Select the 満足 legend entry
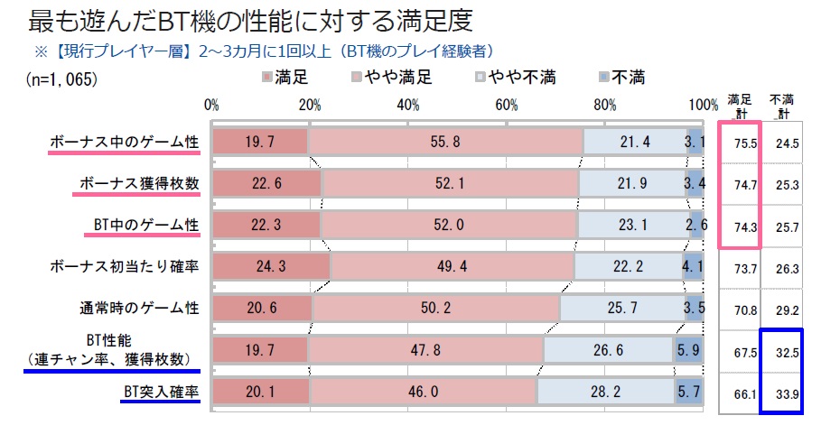point(288,78)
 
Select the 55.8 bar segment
point(444,142)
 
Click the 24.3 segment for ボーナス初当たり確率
point(270,268)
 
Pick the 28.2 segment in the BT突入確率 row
point(605,393)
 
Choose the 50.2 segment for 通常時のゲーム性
point(435,310)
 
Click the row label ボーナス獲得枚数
point(136,184)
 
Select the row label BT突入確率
point(161,393)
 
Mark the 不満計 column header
point(780,106)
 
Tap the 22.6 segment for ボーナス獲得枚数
point(266,184)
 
